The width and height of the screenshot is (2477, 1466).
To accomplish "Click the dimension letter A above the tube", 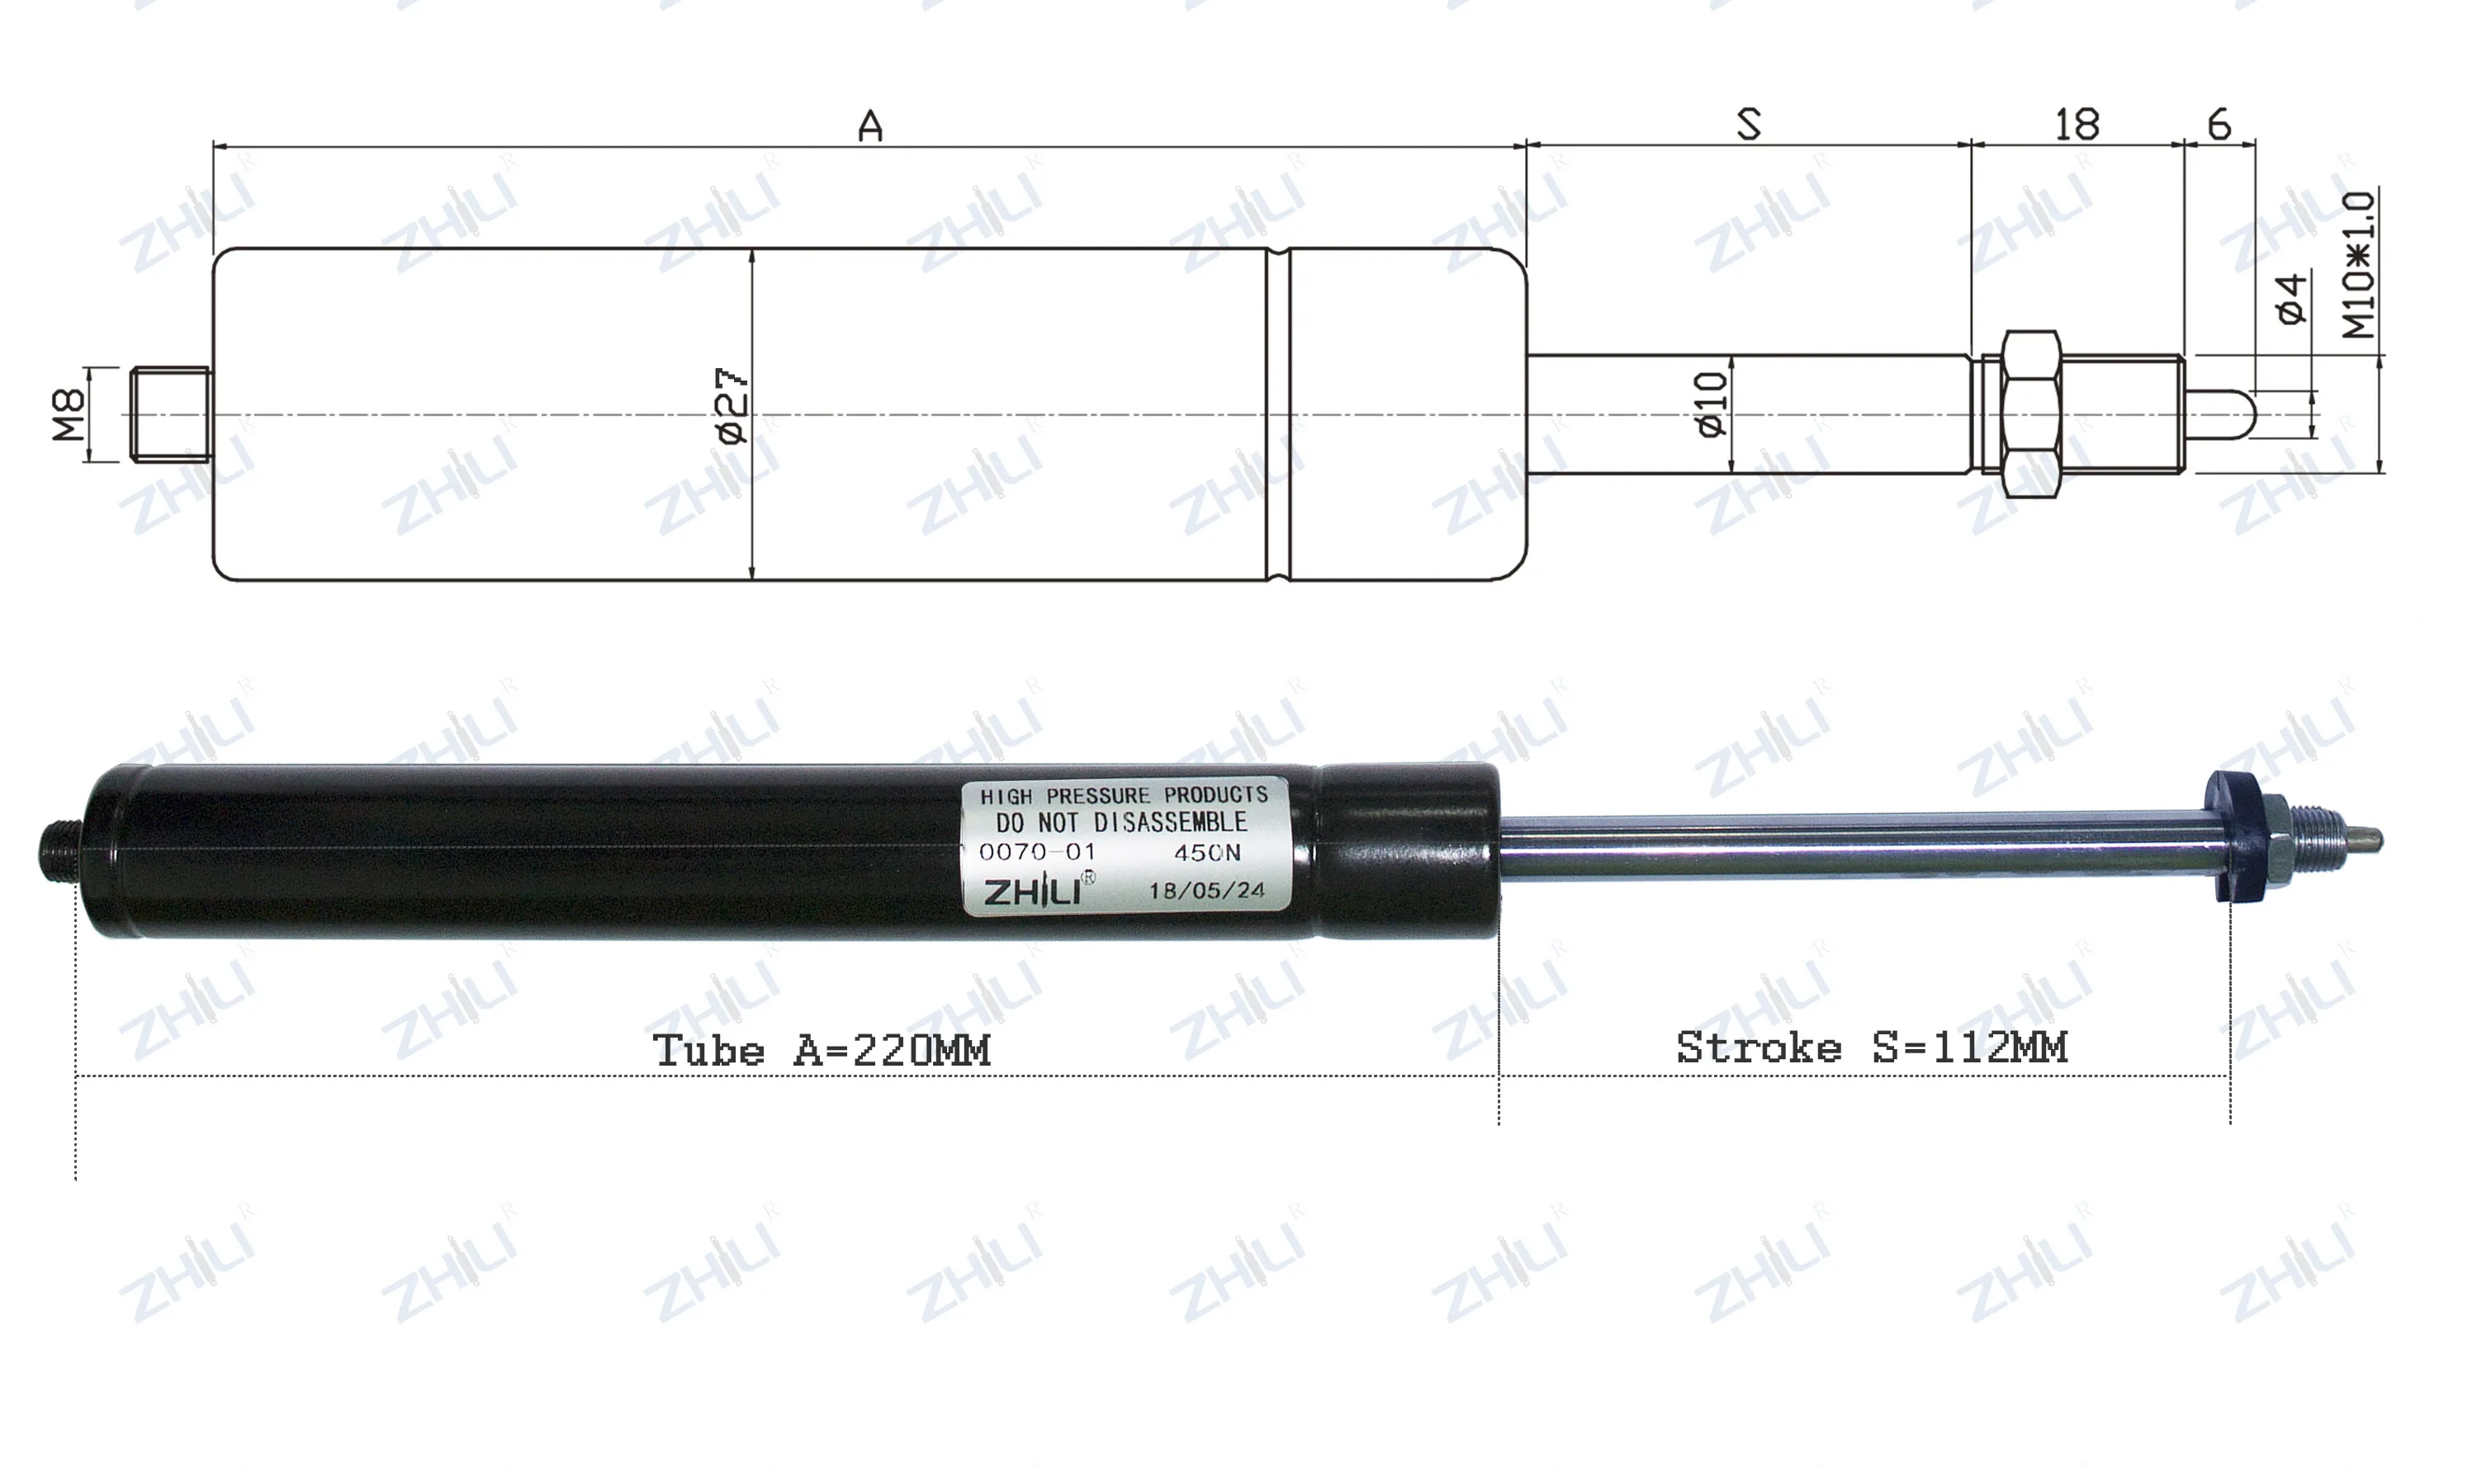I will click(x=869, y=126).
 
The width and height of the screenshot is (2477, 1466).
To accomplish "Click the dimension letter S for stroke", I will click(x=1748, y=125).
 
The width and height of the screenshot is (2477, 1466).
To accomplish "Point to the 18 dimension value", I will click(x=2076, y=125).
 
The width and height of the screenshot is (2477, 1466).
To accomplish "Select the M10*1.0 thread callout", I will click(x=2360, y=265).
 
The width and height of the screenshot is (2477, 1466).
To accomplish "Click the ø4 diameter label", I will click(x=2291, y=298).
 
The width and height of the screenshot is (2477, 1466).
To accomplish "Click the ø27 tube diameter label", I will click(x=732, y=406).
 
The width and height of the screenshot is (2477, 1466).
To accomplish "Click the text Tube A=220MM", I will click(x=821, y=1050).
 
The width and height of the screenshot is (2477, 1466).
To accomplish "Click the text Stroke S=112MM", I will click(x=1871, y=1047).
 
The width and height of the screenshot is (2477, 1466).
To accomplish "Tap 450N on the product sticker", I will click(x=1206, y=853).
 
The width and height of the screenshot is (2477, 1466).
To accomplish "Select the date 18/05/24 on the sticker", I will click(x=1205, y=890).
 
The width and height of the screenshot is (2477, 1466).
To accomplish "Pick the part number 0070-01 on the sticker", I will click(x=1036, y=852).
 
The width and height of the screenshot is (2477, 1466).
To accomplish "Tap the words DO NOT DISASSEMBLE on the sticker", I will click(x=1120, y=822).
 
